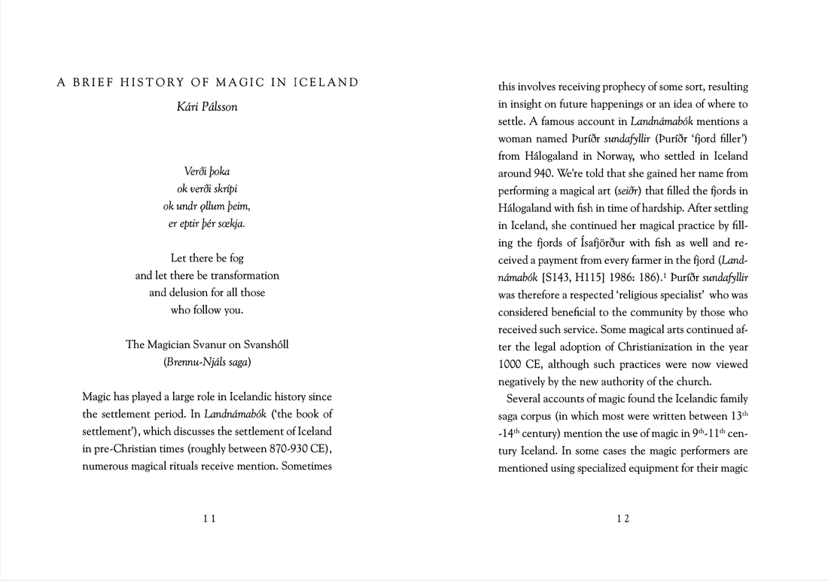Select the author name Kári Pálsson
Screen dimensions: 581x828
tap(207, 107)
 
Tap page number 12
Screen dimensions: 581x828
tap(623, 518)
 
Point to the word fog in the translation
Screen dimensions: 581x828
tap(236, 258)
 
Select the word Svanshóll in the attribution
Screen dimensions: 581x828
tap(260, 345)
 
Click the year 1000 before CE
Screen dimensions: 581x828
tap(511, 365)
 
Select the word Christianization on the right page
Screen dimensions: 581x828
tap(643, 347)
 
